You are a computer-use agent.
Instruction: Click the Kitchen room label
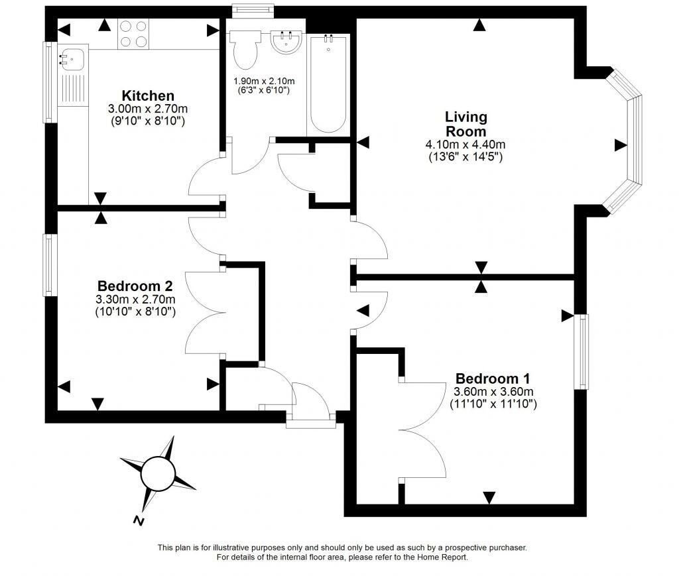click(139, 95)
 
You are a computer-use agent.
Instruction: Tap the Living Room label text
click(465, 124)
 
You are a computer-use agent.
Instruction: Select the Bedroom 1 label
click(492, 378)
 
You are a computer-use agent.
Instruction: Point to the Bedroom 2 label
click(135, 286)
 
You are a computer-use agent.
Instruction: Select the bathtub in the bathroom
click(327, 84)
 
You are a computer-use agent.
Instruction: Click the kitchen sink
click(71, 58)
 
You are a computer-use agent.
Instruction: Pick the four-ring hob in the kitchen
click(133, 33)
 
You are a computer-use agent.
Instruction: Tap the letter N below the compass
click(139, 520)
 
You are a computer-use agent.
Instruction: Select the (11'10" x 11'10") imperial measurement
click(493, 402)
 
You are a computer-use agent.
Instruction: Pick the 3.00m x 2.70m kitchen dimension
click(139, 109)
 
